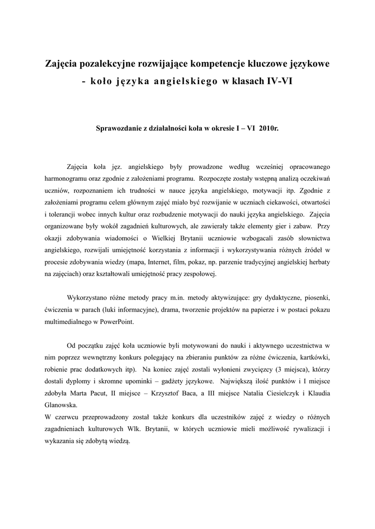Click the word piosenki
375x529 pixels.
pyautogui.click(x=315, y=298)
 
